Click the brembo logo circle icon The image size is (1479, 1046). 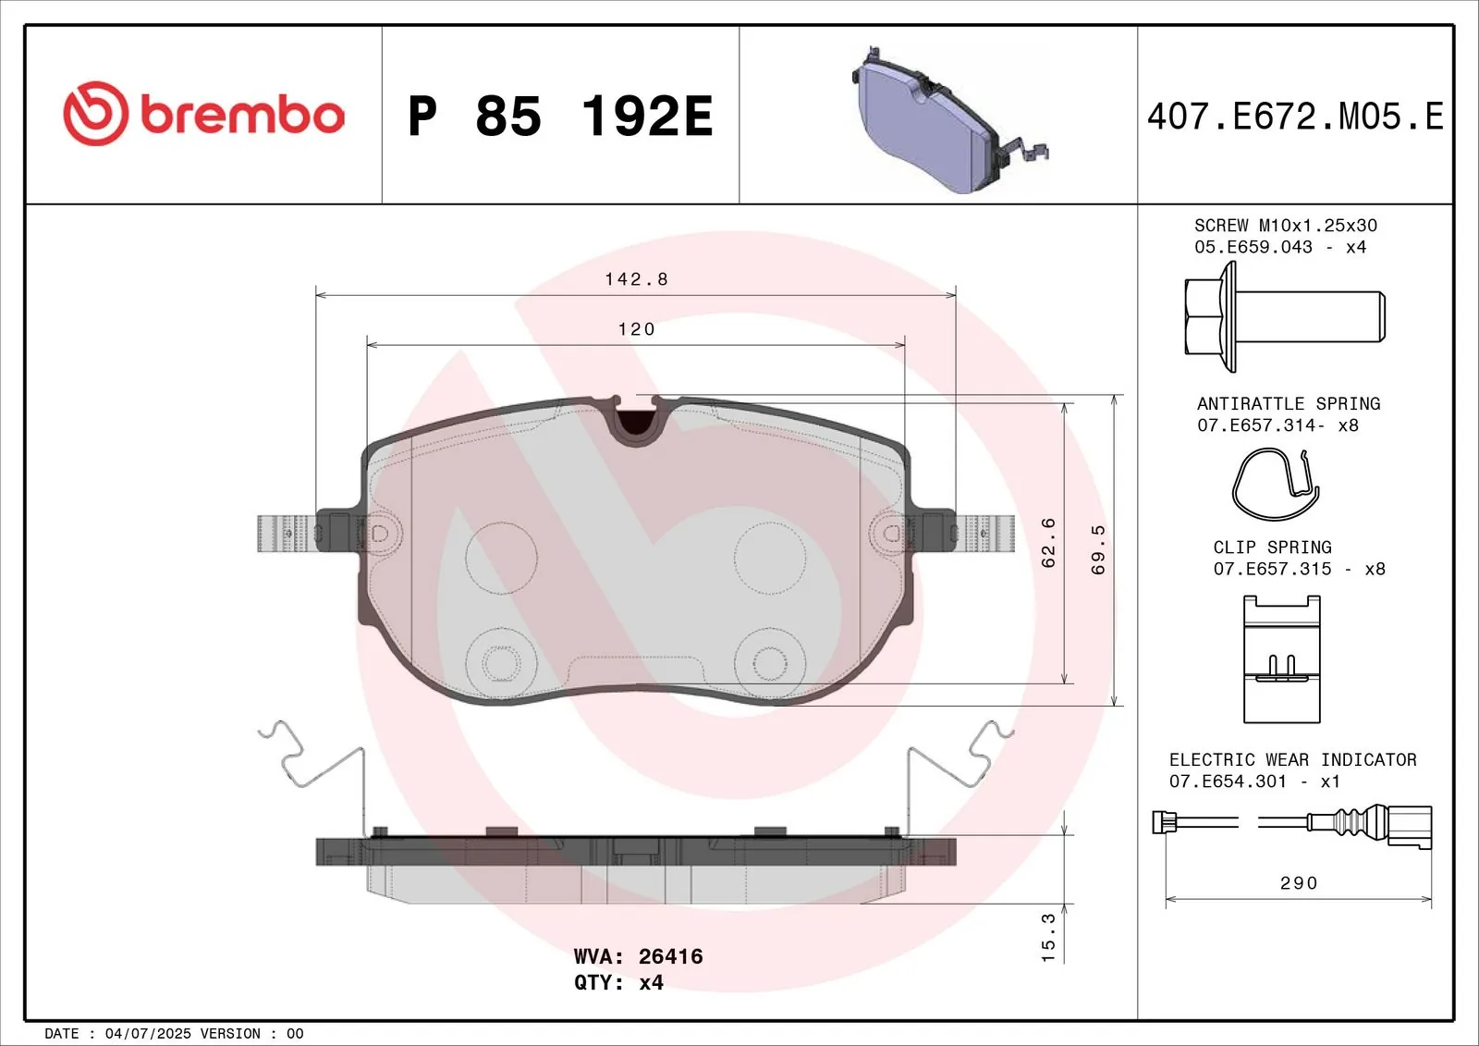click(x=96, y=114)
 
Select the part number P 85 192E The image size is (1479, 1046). click(x=560, y=117)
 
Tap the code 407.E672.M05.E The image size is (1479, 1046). click(x=1295, y=117)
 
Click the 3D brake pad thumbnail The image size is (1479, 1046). click(x=949, y=119)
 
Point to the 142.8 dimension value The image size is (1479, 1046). click(x=637, y=279)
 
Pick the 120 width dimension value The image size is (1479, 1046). click(x=637, y=329)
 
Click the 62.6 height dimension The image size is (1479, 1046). click(x=1048, y=543)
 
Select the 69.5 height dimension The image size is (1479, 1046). click(x=1098, y=549)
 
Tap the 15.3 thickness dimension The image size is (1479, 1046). click(x=1048, y=937)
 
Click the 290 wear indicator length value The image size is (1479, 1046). click(x=1299, y=883)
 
